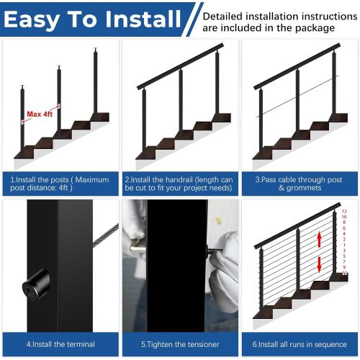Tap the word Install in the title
(138, 19)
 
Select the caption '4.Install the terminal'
(60, 344)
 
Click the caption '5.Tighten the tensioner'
(180, 344)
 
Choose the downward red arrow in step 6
(318, 264)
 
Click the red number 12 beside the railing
(344, 211)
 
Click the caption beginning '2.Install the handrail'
(180, 184)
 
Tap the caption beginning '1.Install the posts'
(60, 184)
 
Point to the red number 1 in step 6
(344, 246)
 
